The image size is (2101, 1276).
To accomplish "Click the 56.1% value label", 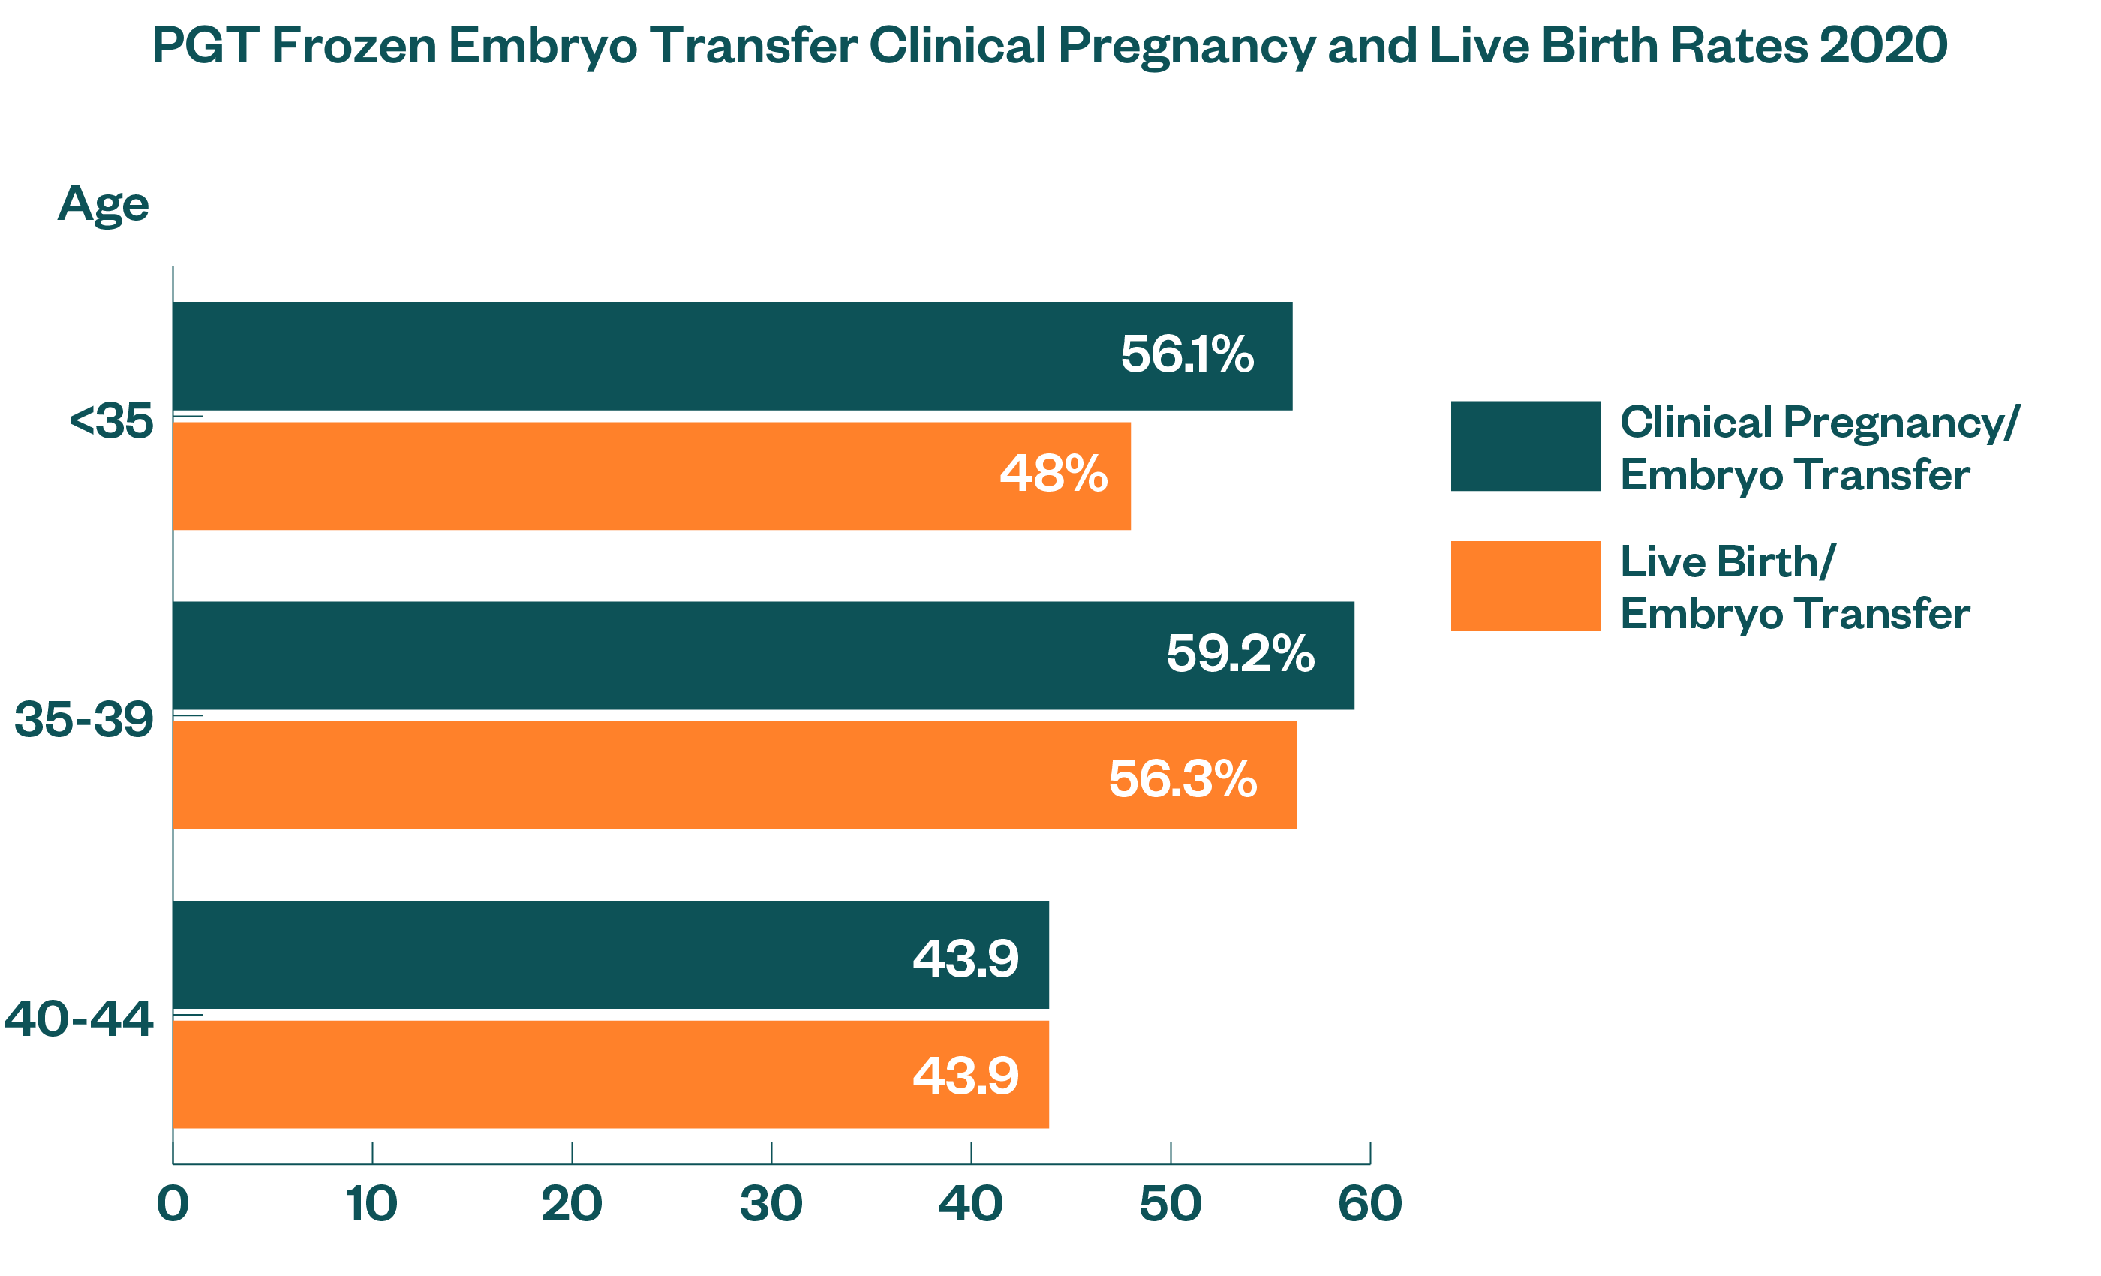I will [1186, 355].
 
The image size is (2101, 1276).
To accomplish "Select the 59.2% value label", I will [1240, 655].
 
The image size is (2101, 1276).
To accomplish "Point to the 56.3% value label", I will [1182, 779].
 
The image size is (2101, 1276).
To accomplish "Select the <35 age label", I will [111, 421].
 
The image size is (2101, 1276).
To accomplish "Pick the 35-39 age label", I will [83, 720].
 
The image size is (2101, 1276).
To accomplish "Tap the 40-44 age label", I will [79, 1019].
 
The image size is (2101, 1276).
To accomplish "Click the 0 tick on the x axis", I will [173, 1205].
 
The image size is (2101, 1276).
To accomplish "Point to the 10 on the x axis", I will [371, 1205].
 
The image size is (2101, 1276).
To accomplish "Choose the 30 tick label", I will [771, 1205].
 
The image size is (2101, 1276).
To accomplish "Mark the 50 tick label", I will [1170, 1205].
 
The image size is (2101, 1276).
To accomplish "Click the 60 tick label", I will [1369, 1205].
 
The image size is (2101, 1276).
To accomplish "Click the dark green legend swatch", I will [1525, 446].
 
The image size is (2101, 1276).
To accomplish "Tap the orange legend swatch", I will [1525, 586].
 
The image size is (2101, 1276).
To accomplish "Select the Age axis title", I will [104, 205].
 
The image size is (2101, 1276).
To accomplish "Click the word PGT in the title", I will [205, 45].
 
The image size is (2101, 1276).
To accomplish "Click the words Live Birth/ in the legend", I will [1727, 562].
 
